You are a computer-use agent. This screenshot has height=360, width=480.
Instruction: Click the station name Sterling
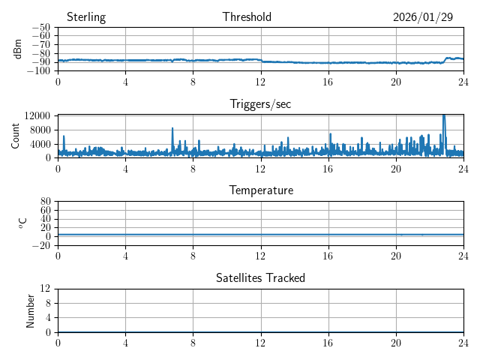85,17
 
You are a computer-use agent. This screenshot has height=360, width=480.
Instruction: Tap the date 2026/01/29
423,17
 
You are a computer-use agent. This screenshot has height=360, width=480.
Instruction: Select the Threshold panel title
247,17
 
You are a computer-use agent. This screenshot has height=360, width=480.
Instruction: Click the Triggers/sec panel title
260,104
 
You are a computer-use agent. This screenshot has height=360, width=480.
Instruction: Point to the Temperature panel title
260,190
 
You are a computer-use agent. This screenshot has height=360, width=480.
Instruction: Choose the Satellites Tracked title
260,277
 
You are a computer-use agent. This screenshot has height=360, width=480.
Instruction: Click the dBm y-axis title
18,49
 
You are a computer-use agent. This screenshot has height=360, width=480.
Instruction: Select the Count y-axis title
15,136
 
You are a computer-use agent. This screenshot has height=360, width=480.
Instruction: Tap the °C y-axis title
22,223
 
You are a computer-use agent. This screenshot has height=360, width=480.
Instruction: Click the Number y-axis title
31,310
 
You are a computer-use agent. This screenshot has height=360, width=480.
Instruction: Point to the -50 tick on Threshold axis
43,27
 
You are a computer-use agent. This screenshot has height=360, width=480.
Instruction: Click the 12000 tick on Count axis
37,115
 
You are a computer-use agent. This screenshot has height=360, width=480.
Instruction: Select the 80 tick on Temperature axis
46,202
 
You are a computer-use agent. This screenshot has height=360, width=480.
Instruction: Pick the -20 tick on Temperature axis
43,245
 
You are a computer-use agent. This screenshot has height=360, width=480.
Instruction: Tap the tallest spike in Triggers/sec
444,116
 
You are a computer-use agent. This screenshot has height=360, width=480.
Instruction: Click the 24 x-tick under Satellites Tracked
463,343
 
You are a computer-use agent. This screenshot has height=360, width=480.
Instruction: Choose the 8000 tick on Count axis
40,129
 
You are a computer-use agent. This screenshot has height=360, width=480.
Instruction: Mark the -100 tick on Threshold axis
40,70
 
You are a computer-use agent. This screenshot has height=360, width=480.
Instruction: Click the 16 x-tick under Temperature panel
328,256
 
